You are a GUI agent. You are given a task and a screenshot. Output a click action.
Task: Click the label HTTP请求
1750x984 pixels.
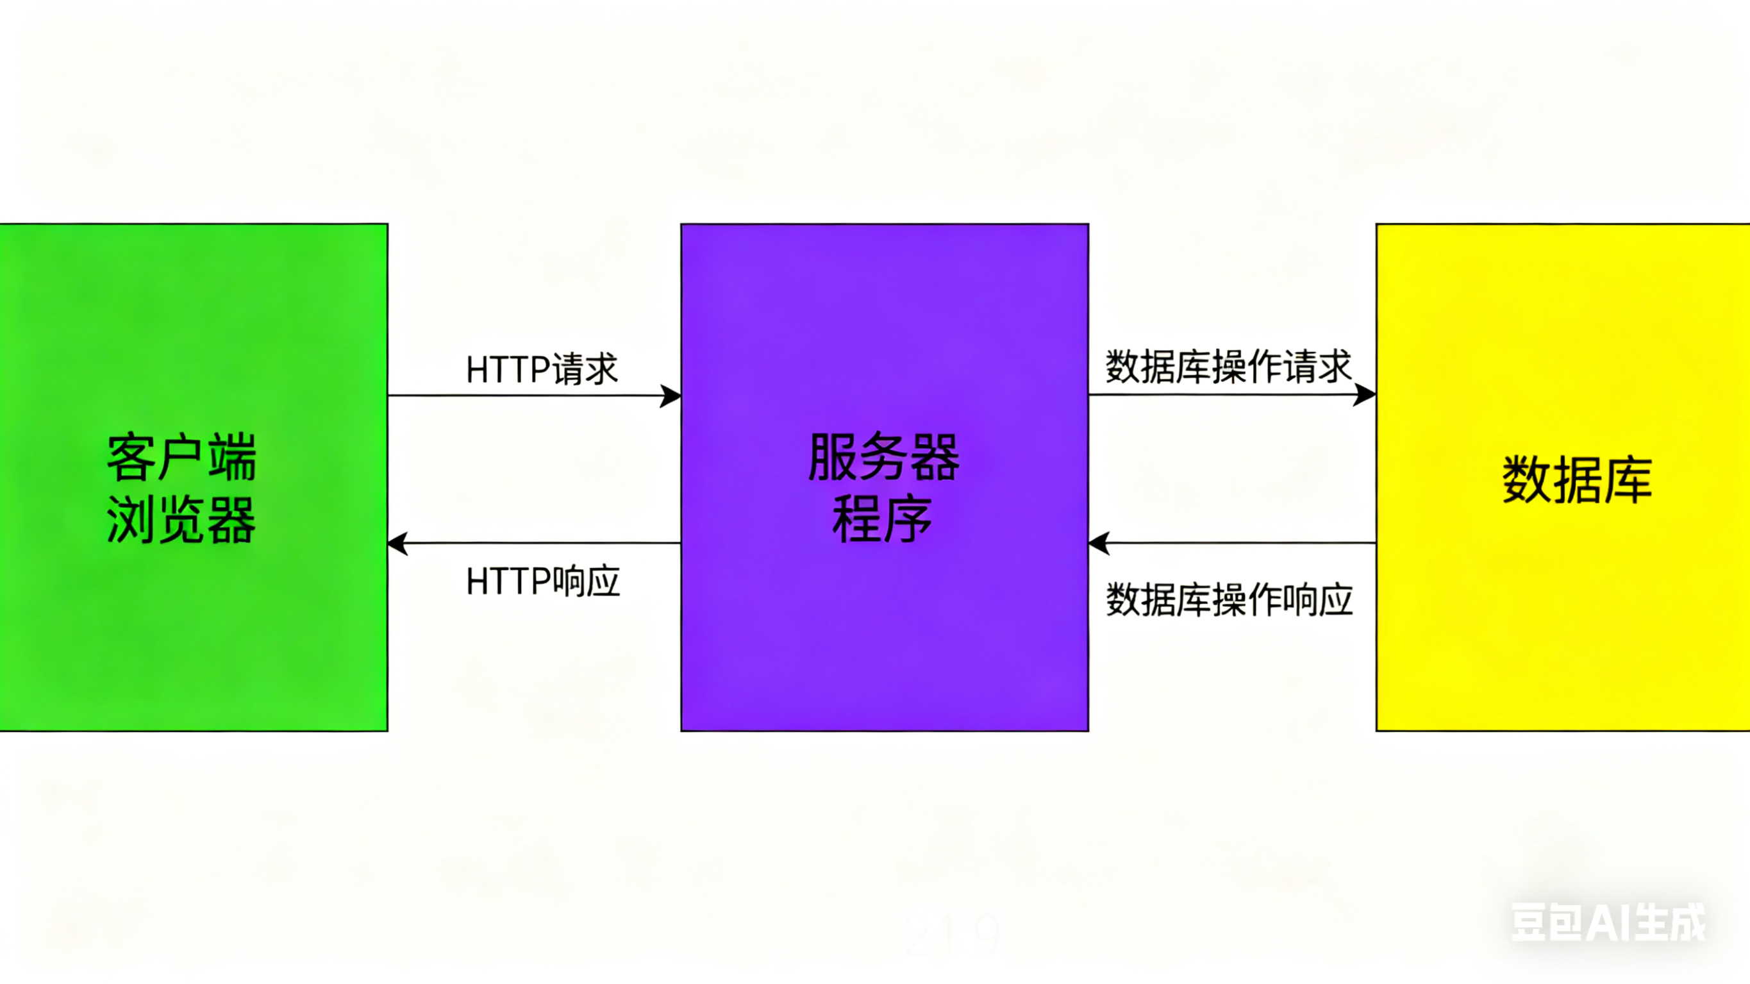pos(542,369)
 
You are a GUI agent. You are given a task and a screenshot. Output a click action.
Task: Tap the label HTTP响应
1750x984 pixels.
pos(543,581)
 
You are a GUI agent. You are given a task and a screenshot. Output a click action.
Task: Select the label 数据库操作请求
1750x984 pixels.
pos(1228,367)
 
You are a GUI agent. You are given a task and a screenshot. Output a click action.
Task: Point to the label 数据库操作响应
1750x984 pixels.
pos(1229,599)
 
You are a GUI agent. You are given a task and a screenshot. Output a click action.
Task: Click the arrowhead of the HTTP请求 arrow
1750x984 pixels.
pos(671,396)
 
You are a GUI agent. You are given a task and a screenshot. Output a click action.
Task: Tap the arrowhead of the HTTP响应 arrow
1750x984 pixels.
pos(398,544)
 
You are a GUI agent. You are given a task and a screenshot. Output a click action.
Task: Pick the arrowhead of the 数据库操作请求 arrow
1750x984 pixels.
pos(1365,394)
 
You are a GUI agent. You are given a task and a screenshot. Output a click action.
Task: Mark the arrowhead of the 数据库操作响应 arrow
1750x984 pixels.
pos(1099,544)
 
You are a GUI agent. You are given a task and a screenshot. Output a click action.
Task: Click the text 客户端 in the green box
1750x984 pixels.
pos(181,457)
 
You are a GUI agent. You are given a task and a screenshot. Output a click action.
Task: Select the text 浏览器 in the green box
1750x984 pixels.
pos(181,520)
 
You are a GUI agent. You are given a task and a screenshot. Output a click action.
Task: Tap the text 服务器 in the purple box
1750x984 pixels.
pos(884,456)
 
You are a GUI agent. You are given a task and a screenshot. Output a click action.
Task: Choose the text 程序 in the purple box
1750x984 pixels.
pos(883,519)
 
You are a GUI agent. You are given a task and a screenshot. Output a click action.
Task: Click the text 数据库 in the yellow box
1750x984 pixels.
pos(1576,480)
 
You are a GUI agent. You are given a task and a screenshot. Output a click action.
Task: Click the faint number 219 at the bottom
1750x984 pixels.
pos(951,935)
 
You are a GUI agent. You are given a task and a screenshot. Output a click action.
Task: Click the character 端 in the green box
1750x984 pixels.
pos(232,457)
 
